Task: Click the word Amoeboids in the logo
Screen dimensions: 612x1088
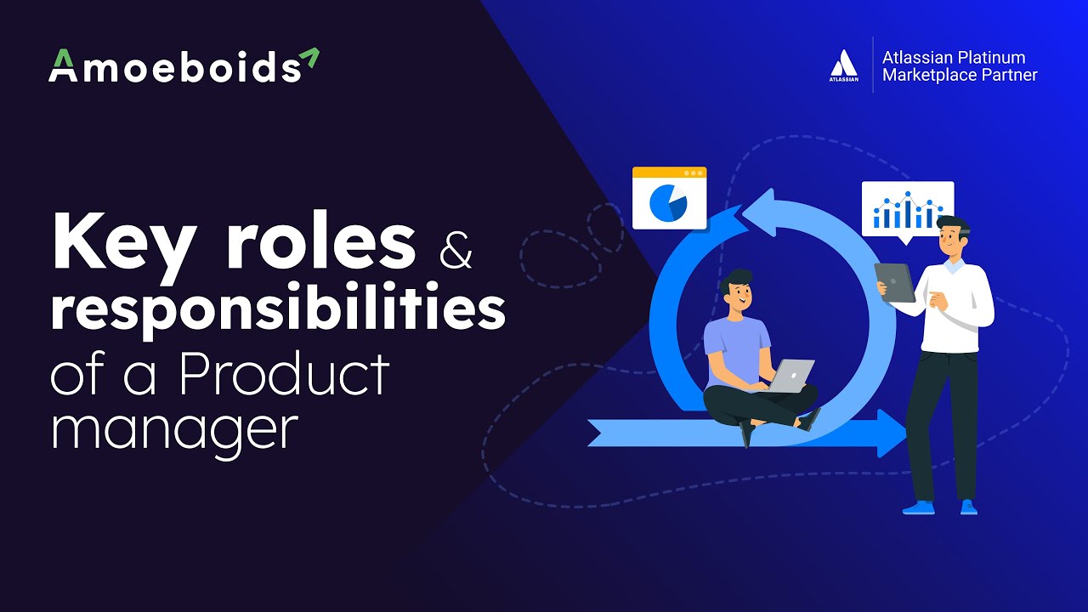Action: tap(174, 67)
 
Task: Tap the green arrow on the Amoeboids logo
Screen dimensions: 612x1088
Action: tap(309, 58)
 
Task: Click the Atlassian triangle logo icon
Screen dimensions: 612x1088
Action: tap(843, 64)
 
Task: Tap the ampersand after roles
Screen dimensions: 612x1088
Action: tap(456, 253)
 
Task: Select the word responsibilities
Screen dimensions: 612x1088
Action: tap(277, 310)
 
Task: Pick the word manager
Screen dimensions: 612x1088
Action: tap(174, 429)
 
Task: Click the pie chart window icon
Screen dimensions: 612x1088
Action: tap(669, 199)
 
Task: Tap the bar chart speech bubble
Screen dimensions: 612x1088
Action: tap(907, 209)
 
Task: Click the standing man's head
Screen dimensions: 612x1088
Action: tap(953, 237)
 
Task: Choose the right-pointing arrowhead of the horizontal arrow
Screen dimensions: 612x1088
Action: tap(892, 433)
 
